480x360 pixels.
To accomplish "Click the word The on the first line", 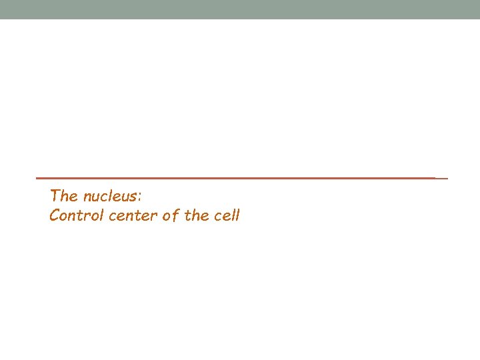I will click(64, 196).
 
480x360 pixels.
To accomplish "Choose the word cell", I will click(227, 216).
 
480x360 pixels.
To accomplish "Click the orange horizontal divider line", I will click(233, 178).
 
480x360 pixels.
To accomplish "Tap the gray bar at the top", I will click(240, 9).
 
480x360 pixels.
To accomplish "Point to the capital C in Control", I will click(55, 216).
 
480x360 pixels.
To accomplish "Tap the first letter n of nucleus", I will click(87, 197).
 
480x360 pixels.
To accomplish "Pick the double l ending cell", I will click(235, 216).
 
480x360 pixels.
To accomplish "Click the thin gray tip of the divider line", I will click(441, 178).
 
